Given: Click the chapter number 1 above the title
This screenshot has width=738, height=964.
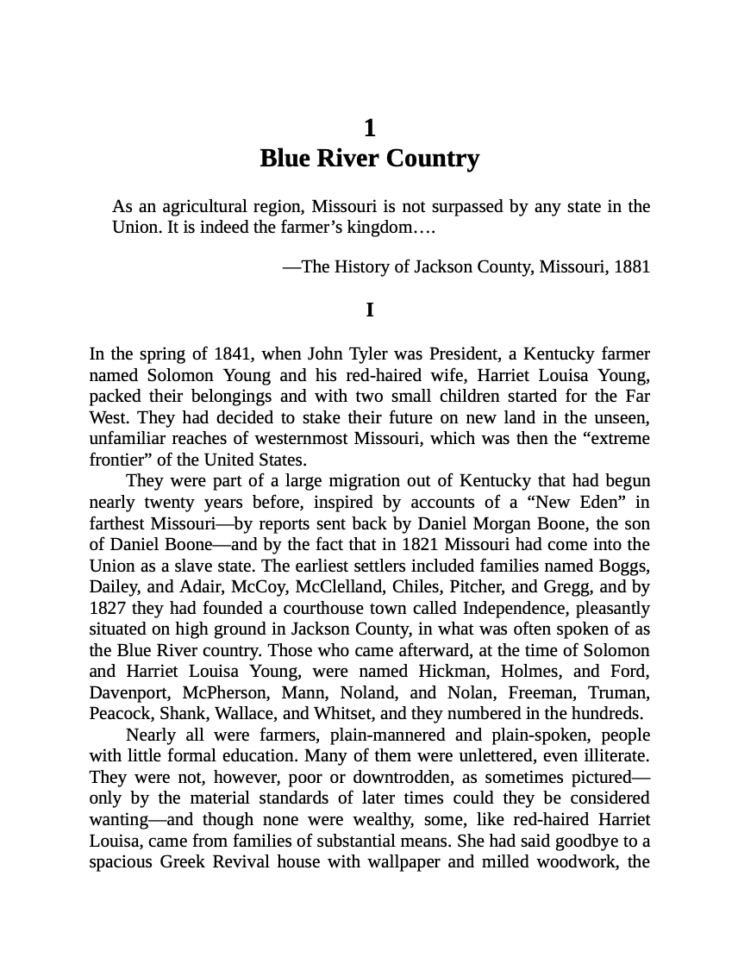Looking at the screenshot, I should tap(369, 128).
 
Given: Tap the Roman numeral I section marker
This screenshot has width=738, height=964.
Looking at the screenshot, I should tap(369, 310).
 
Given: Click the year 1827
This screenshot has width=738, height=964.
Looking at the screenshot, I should tap(109, 608).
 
